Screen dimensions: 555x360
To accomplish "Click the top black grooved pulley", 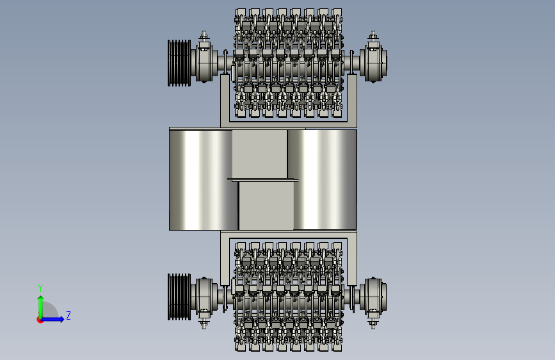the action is pyautogui.click(x=179, y=63).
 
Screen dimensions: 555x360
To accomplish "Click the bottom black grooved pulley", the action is pyautogui.click(x=179, y=297).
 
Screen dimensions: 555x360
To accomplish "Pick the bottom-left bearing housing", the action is pyautogui.click(x=204, y=297).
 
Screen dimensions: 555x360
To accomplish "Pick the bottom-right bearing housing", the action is pyautogui.click(x=373, y=297).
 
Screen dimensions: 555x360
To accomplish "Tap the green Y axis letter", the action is pyautogui.click(x=40, y=288).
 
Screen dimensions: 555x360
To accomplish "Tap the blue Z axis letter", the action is pyautogui.click(x=68, y=315).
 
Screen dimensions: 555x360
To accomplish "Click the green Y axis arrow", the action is pyautogui.click(x=41, y=307).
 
